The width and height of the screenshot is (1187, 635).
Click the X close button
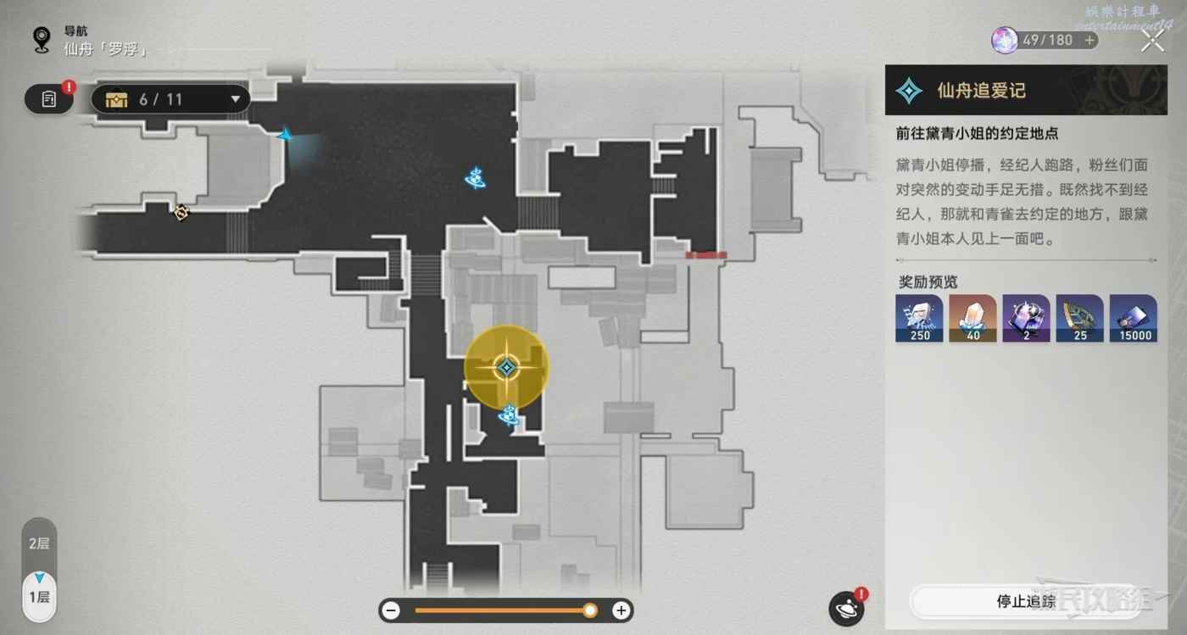tap(1152, 40)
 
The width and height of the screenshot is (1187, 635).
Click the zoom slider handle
tap(590, 610)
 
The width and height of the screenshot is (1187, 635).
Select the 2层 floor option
tap(39, 543)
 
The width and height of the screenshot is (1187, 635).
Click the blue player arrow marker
tap(287, 135)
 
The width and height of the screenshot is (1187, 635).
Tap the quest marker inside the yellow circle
tap(506, 367)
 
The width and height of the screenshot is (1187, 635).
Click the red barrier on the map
tap(705, 254)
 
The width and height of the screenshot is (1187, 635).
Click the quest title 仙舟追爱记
tap(981, 91)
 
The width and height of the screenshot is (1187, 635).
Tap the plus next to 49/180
tap(1089, 40)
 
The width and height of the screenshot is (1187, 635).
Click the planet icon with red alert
tap(845, 608)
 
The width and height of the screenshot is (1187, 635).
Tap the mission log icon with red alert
tap(48, 99)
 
